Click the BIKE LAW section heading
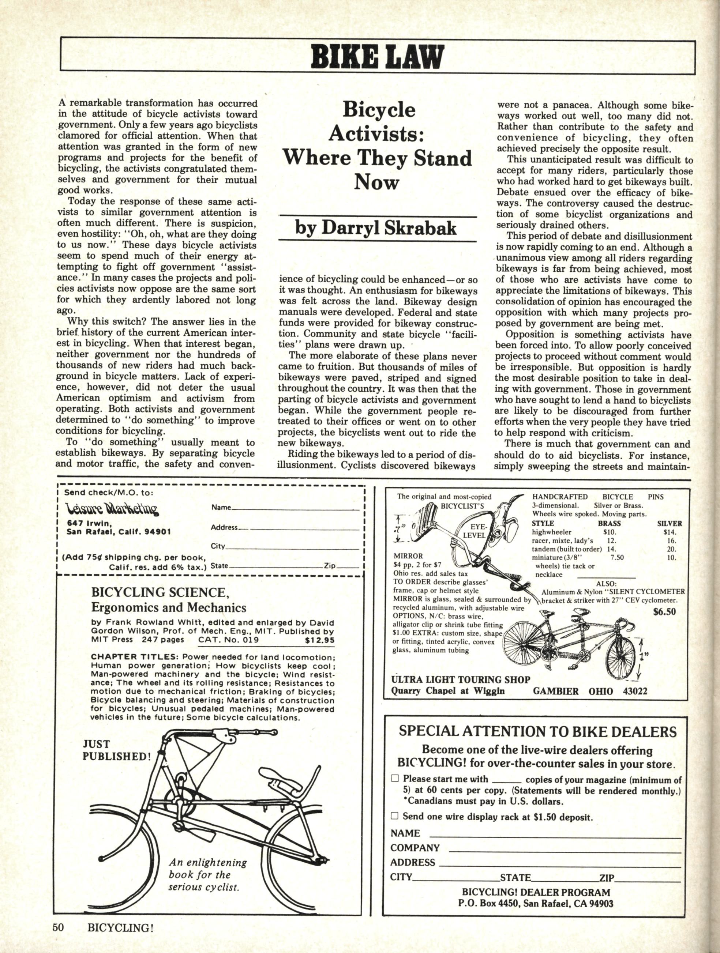click(x=377, y=56)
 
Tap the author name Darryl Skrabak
click(x=375, y=228)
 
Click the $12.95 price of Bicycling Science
click(x=319, y=640)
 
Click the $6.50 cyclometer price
click(x=664, y=612)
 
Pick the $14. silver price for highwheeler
click(x=671, y=532)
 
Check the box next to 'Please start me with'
click(x=394, y=779)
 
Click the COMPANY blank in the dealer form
click(x=565, y=848)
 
